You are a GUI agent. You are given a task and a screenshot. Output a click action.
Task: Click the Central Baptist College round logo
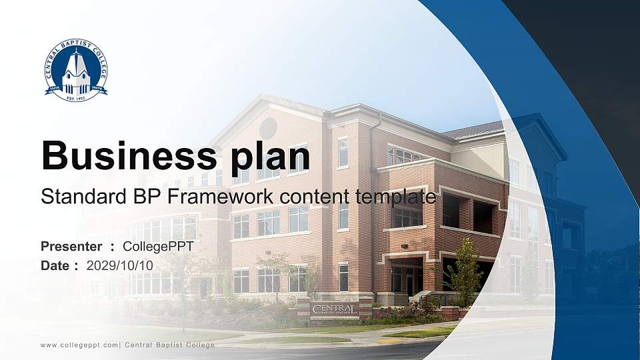(x=76, y=70)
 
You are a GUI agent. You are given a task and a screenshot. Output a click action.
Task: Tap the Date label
(x=56, y=265)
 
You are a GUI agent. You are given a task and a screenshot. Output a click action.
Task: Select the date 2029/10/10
(x=120, y=265)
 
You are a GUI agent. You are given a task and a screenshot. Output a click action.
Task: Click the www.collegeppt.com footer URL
(x=79, y=345)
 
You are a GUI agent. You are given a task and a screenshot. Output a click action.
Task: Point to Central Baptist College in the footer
(x=170, y=345)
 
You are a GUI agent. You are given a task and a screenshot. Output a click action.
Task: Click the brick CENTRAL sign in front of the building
(x=335, y=309)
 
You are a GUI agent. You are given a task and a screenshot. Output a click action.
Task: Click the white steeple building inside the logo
(x=76, y=72)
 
